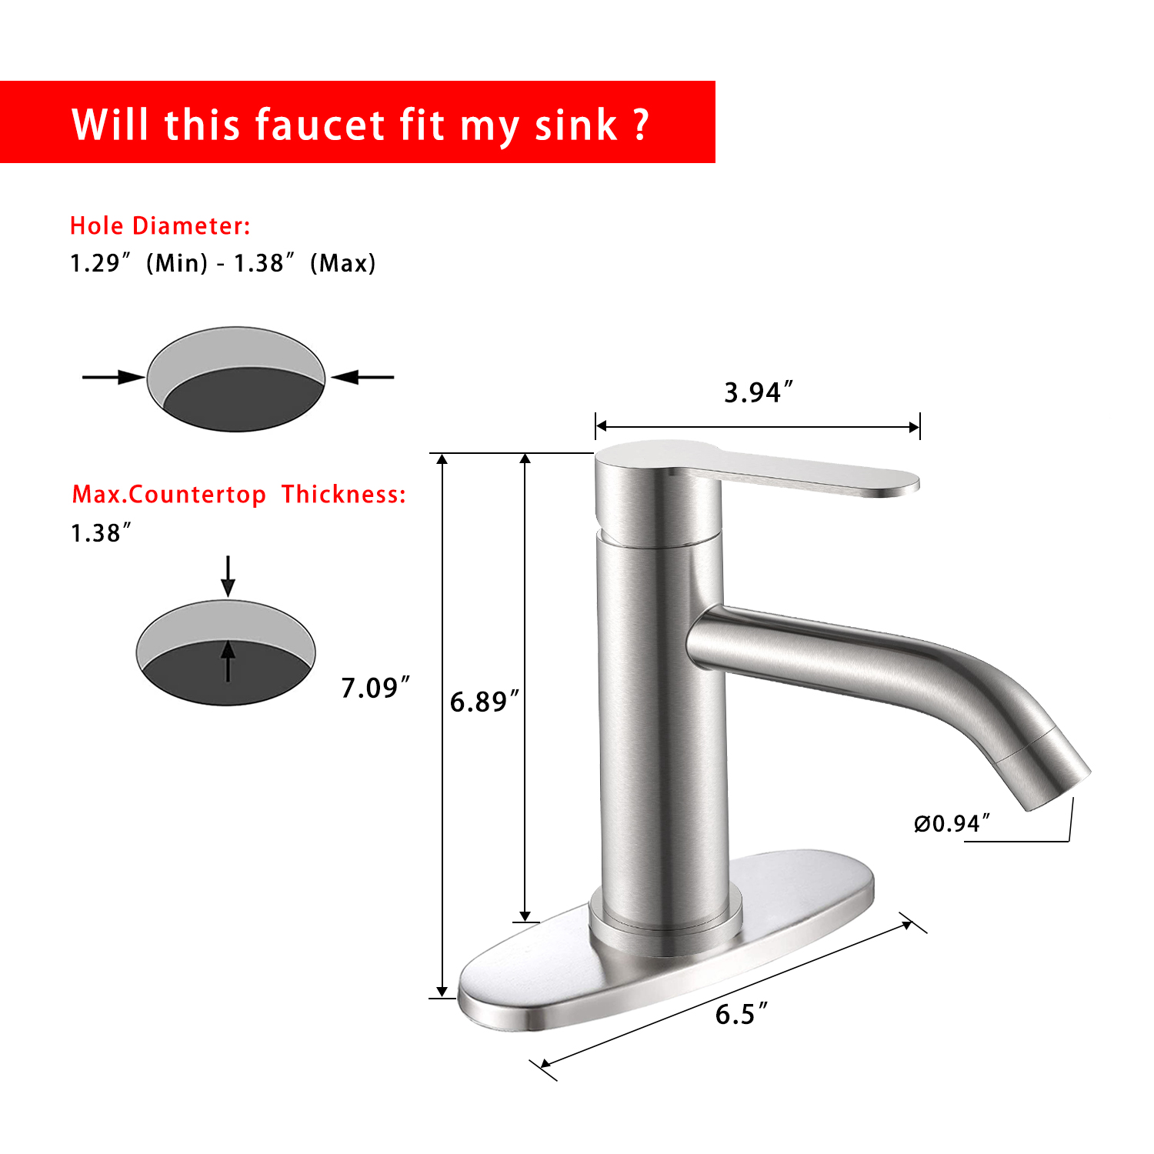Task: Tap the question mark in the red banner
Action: coord(642,125)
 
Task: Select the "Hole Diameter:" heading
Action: coord(160,225)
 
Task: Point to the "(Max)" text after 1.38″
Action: coord(342,263)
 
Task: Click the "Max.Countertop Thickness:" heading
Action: coord(238,494)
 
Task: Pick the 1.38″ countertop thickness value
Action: coord(101,532)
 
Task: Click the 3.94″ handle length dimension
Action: coord(758,392)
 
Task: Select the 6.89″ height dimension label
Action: coord(484,702)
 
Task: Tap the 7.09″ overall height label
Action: coord(375,688)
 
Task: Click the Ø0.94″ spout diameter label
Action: coord(952,823)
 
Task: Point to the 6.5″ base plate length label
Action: coord(741,1014)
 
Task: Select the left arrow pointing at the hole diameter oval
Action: coord(113,377)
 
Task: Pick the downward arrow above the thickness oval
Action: coord(228,575)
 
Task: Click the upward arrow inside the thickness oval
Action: coord(228,662)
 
